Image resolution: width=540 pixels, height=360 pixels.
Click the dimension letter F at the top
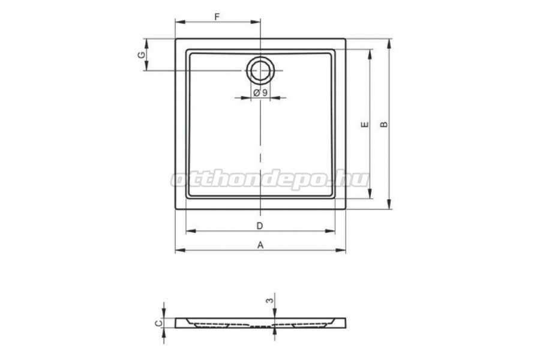coord(217,17)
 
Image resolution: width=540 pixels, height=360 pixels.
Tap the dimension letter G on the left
coord(141,55)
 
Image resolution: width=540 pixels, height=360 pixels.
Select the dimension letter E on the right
coord(365,124)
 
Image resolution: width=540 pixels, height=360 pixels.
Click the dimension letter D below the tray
coord(260,226)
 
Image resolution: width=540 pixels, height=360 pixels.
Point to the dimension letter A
coord(260,245)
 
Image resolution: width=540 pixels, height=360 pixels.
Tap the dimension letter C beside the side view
coord(159,323)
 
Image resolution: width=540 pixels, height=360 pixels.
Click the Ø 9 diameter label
coord(260,92)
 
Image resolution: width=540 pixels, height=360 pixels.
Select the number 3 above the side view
coord(271,301)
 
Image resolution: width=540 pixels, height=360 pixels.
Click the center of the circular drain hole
coord(260,71)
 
